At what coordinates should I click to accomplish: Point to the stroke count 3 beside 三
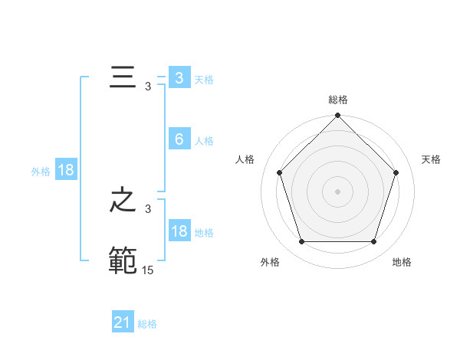coord(148,87)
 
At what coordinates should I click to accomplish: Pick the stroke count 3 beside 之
coord(148,209)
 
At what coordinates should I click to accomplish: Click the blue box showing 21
coord(123,322)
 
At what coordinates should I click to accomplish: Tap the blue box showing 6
coord(179,139)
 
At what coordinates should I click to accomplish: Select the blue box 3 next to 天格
coord(179,78)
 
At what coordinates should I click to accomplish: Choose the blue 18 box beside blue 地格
coord(179,231)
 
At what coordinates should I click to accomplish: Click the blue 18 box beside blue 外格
coord(66,170)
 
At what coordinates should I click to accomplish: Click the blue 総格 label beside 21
coord(147,324)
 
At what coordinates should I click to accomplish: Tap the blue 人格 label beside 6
coord(204,141)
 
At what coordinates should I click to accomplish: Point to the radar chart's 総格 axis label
coord(338,100)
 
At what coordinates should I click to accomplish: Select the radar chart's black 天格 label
coord(431,159)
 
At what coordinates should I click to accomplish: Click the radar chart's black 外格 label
coord(270,262)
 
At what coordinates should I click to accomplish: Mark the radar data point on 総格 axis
coord(338,116)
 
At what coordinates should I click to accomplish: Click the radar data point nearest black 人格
coord(280,172)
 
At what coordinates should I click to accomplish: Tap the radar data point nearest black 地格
coord(373,241)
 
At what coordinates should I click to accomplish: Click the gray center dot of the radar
coord(338,191)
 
